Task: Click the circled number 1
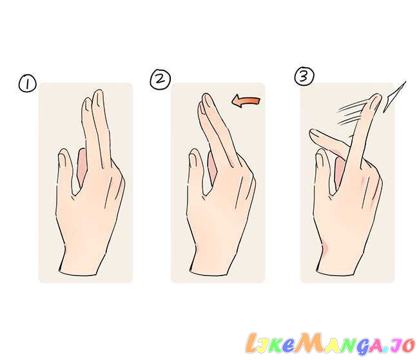pyautogui.click(x=28, y=84)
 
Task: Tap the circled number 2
pyautogui.click(x=160, y=79)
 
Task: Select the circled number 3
pyautogui.click(x=304, y=76)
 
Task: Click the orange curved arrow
pyautogui.click(x=246, y=102)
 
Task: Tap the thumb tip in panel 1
pyautogui.click(x=64, y=155)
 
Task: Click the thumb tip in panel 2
pyautogui.click(x=195, y=155)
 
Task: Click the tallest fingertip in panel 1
pyautogui.click(x=98, y=95)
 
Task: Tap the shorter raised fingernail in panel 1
pyautogui.click(x=87, y=104)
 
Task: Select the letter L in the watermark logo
pyautogui.click(x=252, y=343)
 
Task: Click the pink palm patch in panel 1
pyautogui.click(x=81, y=166)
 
